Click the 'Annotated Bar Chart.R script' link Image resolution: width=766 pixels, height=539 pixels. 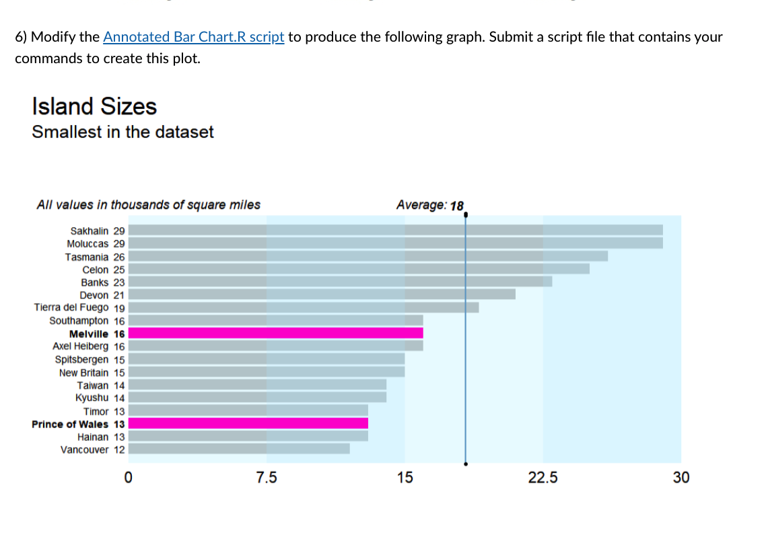coord(194,37)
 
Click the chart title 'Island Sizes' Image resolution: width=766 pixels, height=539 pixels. coord(94,106)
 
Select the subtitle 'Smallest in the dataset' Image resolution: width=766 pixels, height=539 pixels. coord(123,132)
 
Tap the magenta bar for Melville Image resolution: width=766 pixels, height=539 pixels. coord(275,333)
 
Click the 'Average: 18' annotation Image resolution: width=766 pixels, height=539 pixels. coord(429,205)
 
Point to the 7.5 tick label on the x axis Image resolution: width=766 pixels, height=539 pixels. coord(267,478)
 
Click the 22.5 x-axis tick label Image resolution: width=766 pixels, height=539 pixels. coord(543,478)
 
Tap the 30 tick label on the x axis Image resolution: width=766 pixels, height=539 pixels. coord(681,478)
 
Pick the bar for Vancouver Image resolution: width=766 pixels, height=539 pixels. coord(239,449)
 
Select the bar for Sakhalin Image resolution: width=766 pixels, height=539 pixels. coord(395,230)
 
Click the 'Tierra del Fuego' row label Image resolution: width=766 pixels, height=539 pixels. coord(71,307)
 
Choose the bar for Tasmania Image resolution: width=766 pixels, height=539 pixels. coord(368,256)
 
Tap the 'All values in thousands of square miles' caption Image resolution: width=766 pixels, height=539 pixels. coord(148,205)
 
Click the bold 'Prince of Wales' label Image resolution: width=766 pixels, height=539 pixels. coord(70,424)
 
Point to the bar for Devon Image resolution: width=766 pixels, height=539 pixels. coord(322,294)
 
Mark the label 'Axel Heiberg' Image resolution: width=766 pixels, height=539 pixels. coord(80,346)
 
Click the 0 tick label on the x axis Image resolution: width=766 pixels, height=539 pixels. coord(129,478)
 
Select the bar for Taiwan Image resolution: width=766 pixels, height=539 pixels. coord(257,384)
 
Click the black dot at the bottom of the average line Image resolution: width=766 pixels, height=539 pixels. coord(465,464)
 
